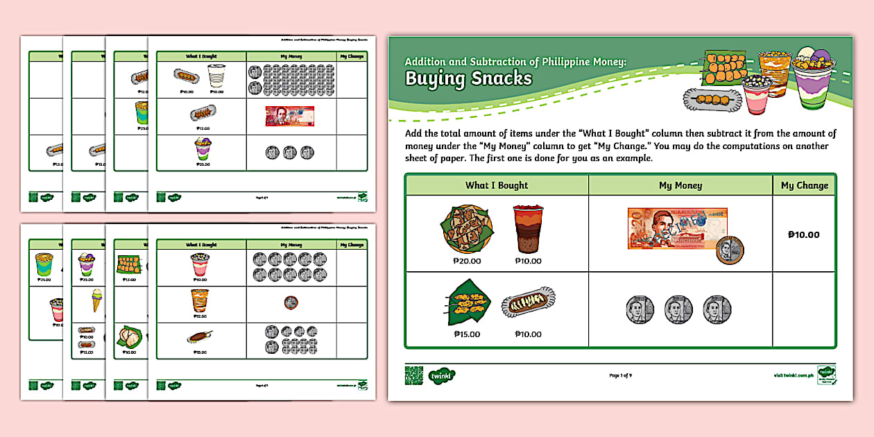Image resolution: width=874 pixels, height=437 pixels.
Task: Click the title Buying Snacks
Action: [469, 78]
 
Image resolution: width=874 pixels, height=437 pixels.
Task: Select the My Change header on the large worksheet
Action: [804, 185]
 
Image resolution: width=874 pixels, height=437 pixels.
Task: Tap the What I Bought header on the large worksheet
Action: [497, 185]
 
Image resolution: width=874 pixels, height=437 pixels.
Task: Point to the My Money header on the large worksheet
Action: [680, 185]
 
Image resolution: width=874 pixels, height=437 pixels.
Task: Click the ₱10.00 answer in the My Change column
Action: [804, 234]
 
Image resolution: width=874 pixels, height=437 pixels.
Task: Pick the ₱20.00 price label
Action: [467, 261]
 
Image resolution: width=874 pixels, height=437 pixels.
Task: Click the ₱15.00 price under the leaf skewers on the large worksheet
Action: [467, 334]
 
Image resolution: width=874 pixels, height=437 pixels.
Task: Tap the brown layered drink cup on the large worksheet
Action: [528, 230]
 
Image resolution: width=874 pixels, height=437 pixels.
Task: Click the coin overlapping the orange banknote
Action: [729, 249]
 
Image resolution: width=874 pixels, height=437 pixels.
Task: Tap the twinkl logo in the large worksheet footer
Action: [441, 375]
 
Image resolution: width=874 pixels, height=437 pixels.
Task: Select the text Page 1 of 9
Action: [620, 375]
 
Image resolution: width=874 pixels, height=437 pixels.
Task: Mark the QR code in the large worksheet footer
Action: [414, 375]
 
